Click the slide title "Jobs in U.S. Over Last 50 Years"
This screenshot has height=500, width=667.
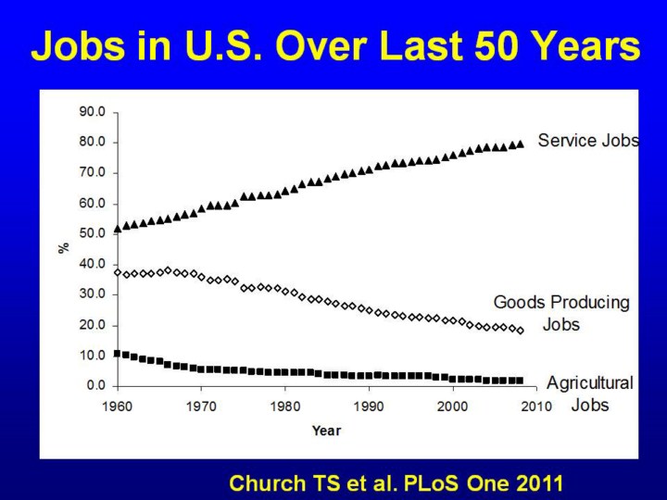coord(334,45)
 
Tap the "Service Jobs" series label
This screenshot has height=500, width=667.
coord(587,141)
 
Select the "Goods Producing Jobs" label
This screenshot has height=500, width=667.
coord(561,313)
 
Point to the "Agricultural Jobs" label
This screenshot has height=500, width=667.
coord(590,394)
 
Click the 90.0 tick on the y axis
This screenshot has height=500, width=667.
coord(94,112)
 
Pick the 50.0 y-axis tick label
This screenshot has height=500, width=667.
coord(94,233)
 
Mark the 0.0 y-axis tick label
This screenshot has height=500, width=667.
coord(97,385)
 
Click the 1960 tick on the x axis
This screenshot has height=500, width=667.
coord(117,406)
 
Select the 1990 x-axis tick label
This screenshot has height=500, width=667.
coord(368,406)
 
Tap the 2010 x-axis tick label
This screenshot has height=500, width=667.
coord(535,406)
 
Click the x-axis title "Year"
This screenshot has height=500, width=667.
coord(326,431)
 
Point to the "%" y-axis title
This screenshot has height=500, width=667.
coord(64,248)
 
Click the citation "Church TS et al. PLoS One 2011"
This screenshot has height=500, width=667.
coord(396,481)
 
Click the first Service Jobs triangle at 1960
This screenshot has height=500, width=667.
coord(117,228)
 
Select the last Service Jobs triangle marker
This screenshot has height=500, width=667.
coord(520,144)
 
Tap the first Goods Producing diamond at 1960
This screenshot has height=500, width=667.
coord(117,272)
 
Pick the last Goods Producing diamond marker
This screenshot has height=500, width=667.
coord(520,330)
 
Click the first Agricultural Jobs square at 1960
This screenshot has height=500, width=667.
coord(117,353)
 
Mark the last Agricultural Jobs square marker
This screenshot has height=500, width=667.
coord(520,380)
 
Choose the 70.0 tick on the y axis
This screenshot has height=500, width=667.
coord(94,172)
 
